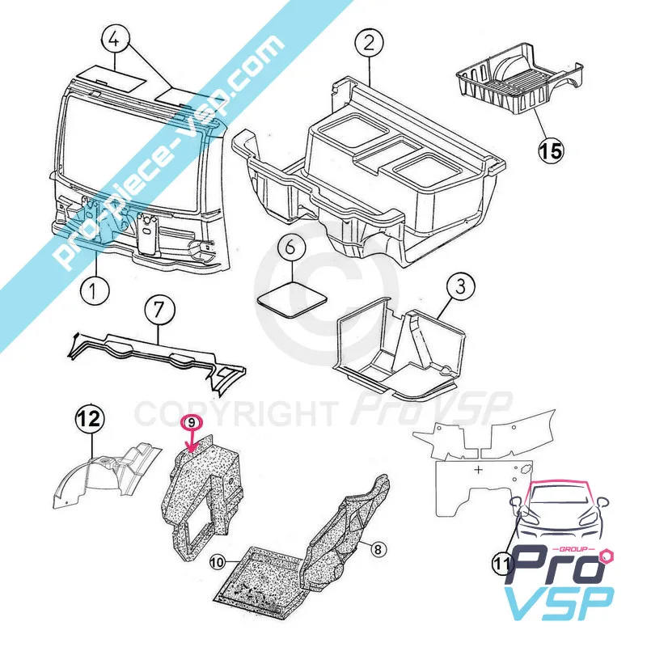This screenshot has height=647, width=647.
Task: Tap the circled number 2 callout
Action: tap(369, 43)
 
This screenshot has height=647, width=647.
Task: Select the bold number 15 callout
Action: tap(551, 150)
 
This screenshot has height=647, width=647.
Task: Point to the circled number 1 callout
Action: tap(95, 290)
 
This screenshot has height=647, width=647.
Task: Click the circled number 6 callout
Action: tap(291, 247)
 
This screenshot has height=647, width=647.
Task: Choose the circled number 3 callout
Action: tap(460, 286)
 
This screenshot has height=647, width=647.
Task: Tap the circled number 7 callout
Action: tap(159, 310)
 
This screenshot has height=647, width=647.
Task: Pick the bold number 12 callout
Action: tap(90, 419)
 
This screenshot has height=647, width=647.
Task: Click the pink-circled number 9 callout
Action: tap(192, 423)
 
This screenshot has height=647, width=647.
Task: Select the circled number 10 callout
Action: tap(217, 561)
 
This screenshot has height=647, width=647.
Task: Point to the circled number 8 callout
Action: tap(378, 549)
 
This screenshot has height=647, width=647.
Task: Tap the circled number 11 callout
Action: tap(501, 563)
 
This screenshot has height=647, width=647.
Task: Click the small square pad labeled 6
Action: tap(292, 299)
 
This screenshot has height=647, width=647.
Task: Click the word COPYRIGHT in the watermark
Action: tap(235, 414)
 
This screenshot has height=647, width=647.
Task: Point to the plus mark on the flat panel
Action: tap(478, 469)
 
